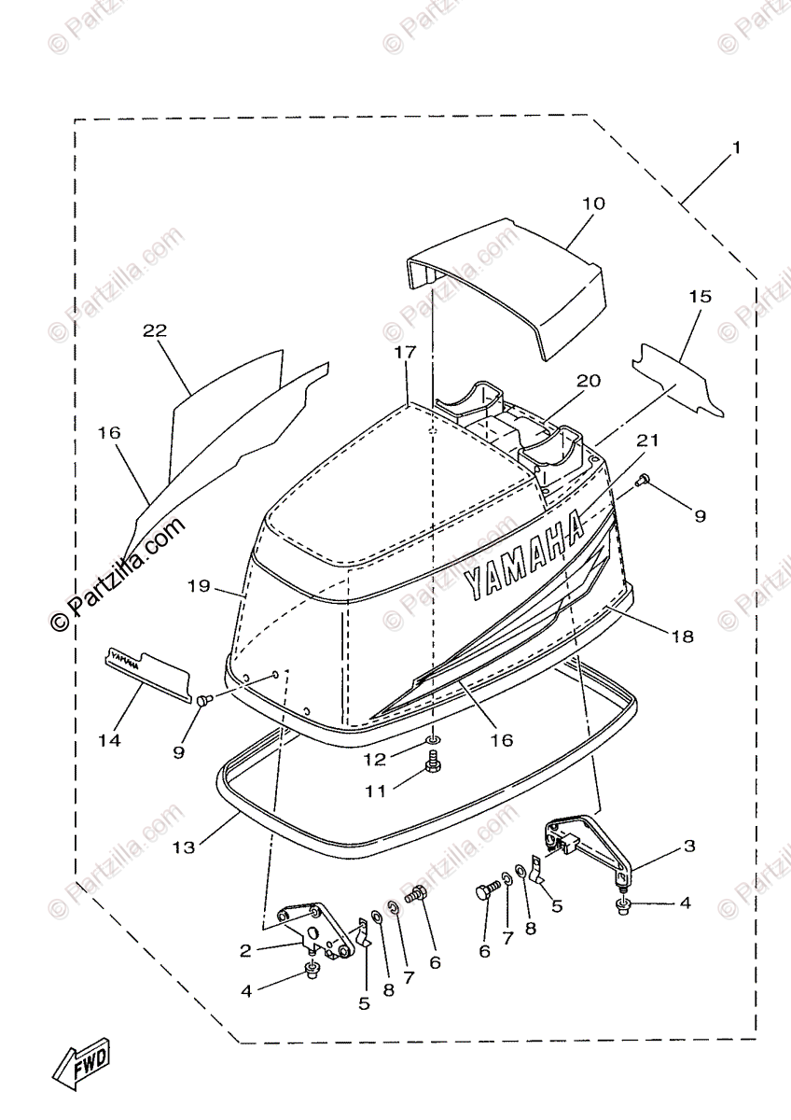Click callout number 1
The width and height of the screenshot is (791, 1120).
coord(735,148)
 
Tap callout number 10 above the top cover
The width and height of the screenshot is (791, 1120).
coord(593,203)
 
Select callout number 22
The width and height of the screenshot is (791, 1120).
coord(155,330)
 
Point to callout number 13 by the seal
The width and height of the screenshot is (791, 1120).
coord(184,847)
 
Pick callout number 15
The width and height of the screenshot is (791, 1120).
coord(700,297)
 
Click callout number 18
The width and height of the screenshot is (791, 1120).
coord(683,637)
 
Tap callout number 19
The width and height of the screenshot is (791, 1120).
coord(199,585)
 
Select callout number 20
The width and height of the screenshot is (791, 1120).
coord(589,381)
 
